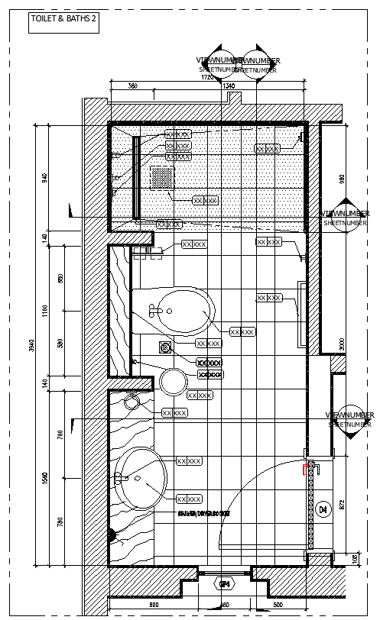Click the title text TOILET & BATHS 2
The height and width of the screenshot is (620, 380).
63,22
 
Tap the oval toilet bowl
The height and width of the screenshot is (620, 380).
182,310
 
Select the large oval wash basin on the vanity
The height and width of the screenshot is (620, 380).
143,478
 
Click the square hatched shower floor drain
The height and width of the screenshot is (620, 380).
161,177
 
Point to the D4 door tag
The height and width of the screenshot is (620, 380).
323,509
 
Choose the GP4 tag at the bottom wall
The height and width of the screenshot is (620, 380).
225,585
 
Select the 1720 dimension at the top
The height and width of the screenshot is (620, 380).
207,77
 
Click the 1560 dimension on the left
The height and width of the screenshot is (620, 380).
44,477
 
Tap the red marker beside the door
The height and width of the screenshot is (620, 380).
306,467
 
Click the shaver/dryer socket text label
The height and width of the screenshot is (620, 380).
203,514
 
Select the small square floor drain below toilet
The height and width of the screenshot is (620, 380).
164,347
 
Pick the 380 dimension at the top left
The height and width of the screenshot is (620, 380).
132,86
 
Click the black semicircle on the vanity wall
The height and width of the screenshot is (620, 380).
112,535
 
